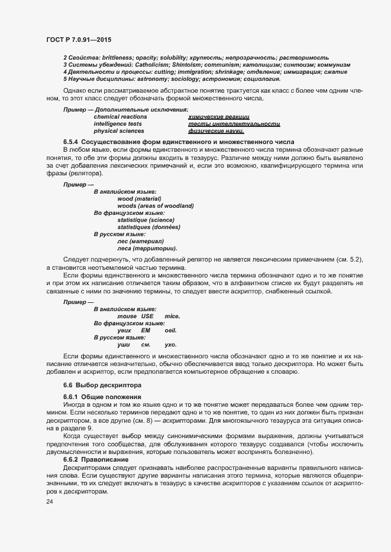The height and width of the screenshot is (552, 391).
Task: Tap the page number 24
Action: coord(49,501)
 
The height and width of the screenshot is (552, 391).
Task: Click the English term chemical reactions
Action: coord(120,117)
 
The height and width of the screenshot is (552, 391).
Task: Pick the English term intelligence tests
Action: coord(118,124)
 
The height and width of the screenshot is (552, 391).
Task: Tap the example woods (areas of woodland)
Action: coord(156,206)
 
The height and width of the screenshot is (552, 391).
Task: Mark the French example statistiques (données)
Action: coord(148,227)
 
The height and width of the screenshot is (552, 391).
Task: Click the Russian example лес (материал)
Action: coord(140,241)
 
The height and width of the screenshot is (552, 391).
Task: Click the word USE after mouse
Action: coord(147,316)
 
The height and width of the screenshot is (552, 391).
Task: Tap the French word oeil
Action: coord(171,331)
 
